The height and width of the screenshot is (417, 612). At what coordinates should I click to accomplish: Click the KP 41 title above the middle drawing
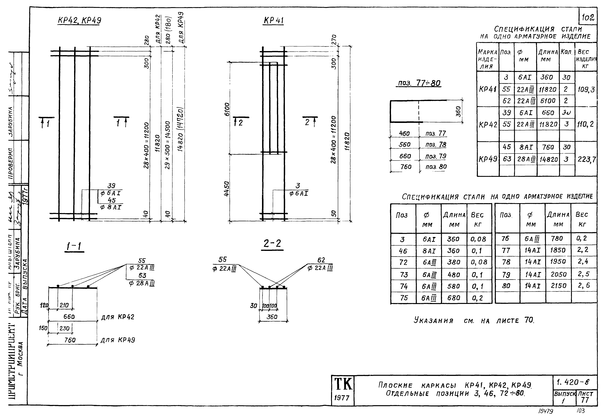pyautogui.click(x=273, y=21)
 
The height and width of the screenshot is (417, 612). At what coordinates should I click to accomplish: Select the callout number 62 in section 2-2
pyautogui.click(x=321, y=260)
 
